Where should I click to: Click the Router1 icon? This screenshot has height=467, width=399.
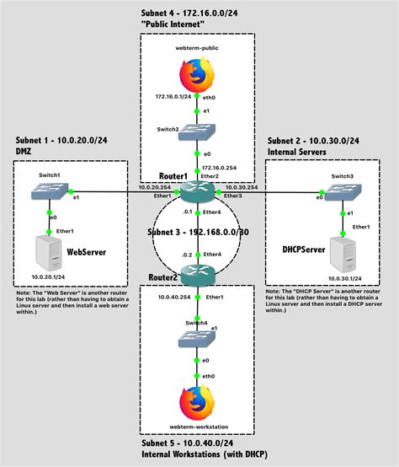(x=196, y=192)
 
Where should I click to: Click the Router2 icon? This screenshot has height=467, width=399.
(x=196, y=272)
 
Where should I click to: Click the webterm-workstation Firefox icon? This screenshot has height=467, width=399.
(x=196, y=401)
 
